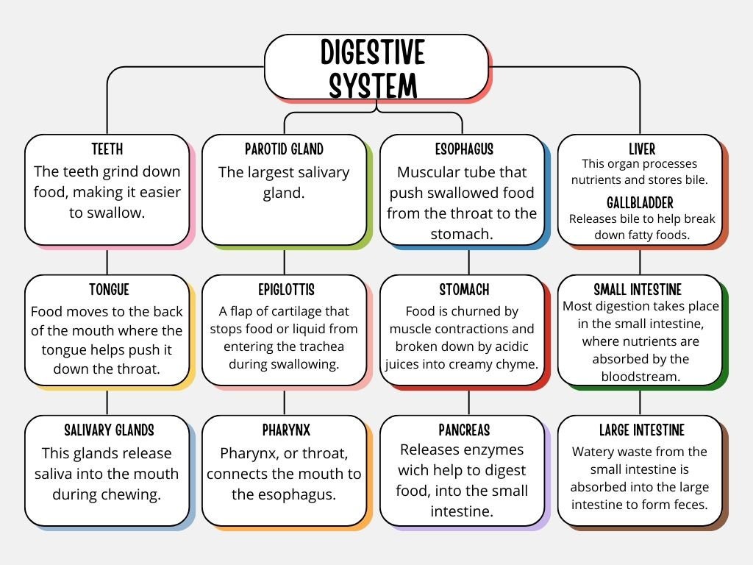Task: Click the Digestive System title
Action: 374,69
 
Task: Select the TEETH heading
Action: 107,149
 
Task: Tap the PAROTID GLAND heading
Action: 284,149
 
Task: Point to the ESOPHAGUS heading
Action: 464,149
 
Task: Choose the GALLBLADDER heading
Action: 640,202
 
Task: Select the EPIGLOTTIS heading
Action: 284,290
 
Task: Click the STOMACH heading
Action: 464,290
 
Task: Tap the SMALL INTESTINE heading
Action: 638,290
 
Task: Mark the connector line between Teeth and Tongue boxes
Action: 107,260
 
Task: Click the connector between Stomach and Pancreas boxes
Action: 468,402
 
